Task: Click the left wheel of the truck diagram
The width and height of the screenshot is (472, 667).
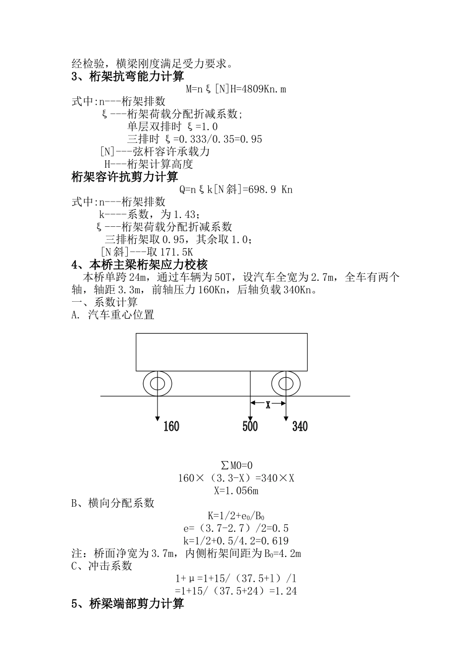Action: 157,384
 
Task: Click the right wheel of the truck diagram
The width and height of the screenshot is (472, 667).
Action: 286,384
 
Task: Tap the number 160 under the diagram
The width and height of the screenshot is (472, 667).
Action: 171,426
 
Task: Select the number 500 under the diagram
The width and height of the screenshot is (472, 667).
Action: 250,426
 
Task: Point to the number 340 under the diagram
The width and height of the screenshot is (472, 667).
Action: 300,426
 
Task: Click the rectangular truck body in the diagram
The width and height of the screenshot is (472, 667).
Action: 222,352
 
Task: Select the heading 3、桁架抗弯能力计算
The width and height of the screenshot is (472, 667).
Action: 128,76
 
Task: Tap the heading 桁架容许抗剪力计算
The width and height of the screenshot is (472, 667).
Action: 125,177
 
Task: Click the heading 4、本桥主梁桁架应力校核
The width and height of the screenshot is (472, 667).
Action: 140,265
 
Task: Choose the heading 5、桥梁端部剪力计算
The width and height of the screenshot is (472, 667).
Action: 128,603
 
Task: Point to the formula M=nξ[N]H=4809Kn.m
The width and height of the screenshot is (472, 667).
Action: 236,89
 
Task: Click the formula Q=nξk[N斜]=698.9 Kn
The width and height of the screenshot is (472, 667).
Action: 236,190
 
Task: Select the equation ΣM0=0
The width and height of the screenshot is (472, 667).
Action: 236,466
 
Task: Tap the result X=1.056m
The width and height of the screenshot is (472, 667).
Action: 236,491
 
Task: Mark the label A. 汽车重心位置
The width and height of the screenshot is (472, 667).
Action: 113,315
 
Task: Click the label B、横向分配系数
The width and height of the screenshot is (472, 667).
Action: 113,503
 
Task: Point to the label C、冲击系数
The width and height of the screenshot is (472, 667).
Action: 102,566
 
